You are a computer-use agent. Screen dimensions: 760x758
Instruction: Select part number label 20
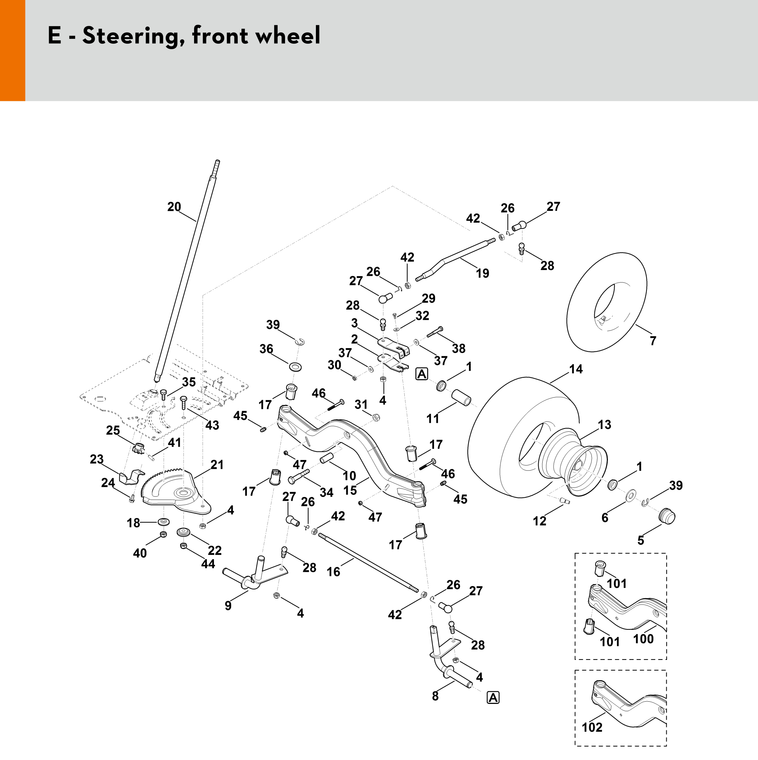(x=174, y=207)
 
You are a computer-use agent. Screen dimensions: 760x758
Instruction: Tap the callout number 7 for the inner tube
(x=653, y=341)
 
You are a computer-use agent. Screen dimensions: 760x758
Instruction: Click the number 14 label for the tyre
(x=576, y=369)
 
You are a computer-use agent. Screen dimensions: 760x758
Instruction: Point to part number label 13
(x=605, y=424)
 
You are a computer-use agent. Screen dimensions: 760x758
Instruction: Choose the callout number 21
(x=217, y=465)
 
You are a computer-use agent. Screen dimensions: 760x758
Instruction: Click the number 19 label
(x=482, y=273)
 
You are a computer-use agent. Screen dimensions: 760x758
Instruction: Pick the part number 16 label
(x=334, y=571)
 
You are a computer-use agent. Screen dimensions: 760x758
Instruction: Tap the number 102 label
(x=592, y=727)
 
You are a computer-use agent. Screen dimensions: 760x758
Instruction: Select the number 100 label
(x=643, y=650)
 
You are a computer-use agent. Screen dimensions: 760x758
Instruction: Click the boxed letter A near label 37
(x=422, y=374)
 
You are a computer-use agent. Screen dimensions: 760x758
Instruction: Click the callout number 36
(x=266, y=348)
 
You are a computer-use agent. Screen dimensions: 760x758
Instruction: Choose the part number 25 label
(x=113, y=430)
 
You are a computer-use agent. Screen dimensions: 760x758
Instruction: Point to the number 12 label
(x=539, y=521)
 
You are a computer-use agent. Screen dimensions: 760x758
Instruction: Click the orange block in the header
(x=12, y=50)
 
